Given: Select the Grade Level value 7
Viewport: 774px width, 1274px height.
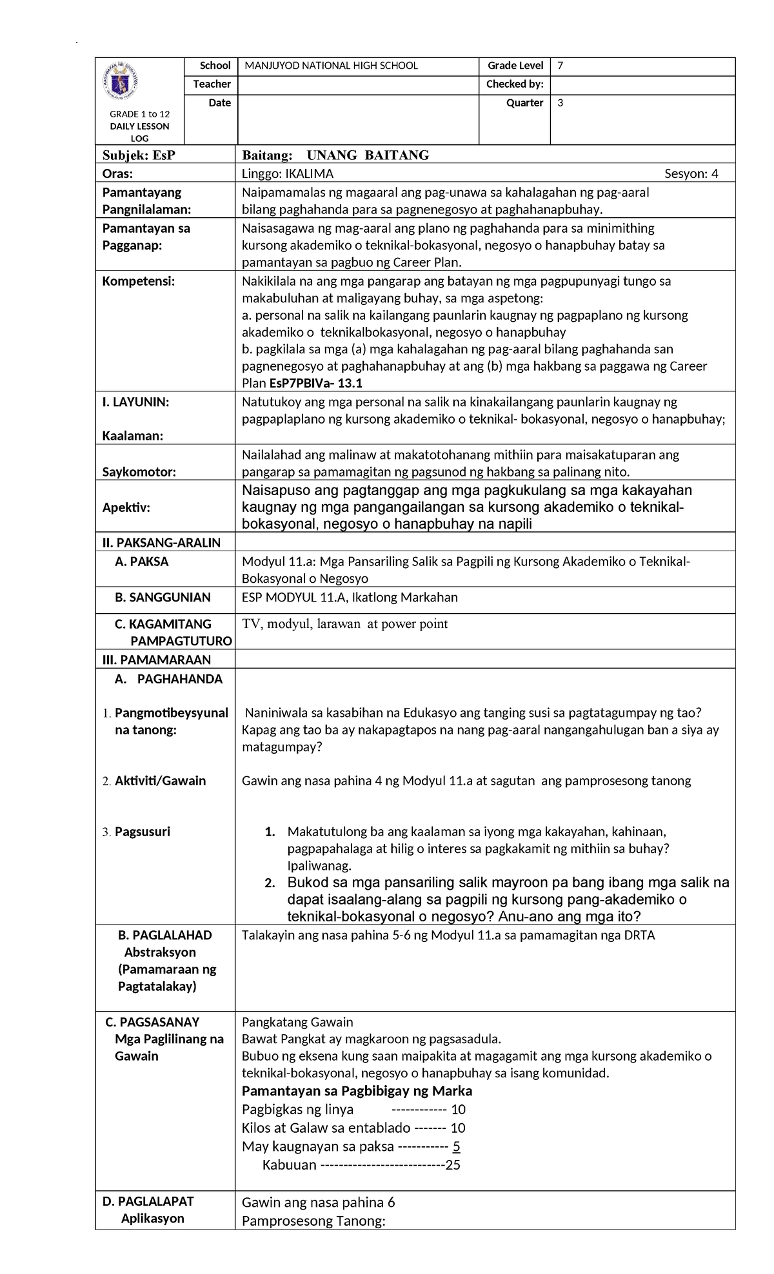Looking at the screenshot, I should [x=561, y=66].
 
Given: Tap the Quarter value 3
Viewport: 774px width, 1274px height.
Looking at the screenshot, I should [x=561, y=103].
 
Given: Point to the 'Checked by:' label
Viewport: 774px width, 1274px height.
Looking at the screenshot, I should [x=515, y=84].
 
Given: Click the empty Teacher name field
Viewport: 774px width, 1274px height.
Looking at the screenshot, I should [x=358, y=84].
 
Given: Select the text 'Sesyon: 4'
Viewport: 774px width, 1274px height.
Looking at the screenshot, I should [x=691, y=173].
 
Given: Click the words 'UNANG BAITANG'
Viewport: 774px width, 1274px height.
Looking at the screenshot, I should [x=368, y=155].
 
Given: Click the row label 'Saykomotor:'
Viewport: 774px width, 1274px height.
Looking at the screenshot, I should [x=139, y=472].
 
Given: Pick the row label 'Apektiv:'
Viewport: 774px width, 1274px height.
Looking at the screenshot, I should [x=126, y=507].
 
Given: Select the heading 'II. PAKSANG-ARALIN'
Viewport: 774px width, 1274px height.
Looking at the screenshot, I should [x=161, y=543].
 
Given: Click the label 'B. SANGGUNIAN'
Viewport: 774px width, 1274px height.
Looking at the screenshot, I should [x=163, y=598].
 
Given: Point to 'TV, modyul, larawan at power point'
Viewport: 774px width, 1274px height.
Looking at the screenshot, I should [x=344, y=624].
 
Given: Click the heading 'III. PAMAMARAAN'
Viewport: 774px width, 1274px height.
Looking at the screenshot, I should [x=157, y=660].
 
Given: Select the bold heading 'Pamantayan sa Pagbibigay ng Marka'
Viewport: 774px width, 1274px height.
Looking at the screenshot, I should [x=357, y=1091].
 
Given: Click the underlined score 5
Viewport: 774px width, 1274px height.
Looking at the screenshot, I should [x=457, y=1146].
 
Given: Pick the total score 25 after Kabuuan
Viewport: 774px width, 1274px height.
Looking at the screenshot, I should [x=453, y=1165].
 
